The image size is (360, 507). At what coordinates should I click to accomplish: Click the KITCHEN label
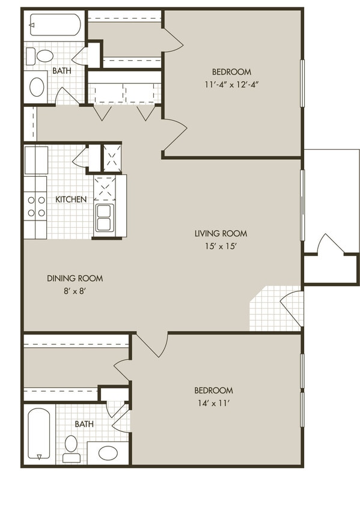71,199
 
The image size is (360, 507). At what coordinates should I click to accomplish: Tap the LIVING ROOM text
221,234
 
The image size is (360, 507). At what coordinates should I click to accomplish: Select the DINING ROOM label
75,278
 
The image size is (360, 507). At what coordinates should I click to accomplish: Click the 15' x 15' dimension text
221,246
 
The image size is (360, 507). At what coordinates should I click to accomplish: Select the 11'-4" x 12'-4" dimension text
231,85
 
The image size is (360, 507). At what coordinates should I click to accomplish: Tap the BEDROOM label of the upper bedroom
231,72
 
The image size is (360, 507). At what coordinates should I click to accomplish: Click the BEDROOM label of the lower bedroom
213,390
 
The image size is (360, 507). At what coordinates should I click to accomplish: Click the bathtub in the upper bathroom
55,25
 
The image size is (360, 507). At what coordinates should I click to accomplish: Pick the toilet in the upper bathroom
44,56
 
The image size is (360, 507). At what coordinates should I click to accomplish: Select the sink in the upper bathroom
37,87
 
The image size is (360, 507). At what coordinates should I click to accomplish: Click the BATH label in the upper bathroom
62,71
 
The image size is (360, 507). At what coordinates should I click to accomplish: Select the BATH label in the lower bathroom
84,424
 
